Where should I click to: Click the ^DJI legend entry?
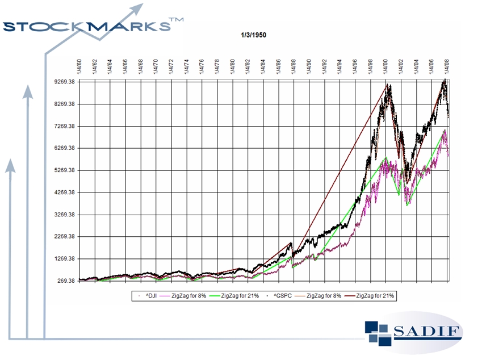click(148, 296)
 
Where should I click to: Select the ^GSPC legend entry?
click(283, 296)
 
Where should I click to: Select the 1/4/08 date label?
click(447, 67)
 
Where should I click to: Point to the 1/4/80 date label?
click(232, 67)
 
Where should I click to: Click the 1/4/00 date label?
click(385, 67)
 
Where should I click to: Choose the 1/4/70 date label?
click(156, 67)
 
